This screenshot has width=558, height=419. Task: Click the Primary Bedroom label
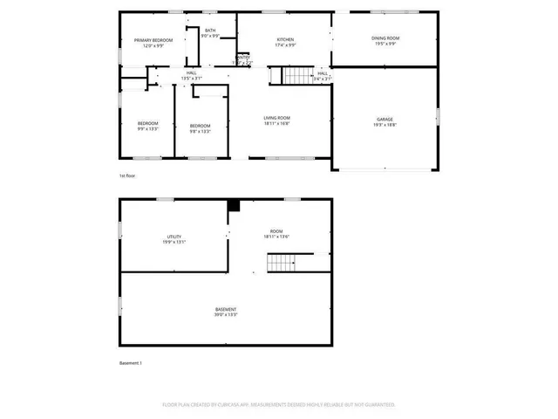(153, 44)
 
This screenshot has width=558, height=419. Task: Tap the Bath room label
(210, 33)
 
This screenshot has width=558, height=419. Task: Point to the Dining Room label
(384, 41)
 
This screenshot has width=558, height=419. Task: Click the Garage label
(384, 122)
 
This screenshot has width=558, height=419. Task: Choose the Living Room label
(277, 120)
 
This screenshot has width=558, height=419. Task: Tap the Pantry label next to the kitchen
(243, 60)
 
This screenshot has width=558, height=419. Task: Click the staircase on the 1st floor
(284, 76)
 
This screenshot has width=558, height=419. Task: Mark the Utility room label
(174, 239)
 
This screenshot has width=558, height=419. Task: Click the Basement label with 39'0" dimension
(226, 313)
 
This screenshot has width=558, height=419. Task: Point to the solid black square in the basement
(233, 205)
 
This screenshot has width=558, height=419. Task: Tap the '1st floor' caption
(127, 175)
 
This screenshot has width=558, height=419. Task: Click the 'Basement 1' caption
(130, 362)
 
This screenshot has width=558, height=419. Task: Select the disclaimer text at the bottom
(278, 405)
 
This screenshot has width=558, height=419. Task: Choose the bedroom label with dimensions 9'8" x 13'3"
(201, 128)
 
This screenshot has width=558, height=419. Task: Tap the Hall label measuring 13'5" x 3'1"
(191, 76)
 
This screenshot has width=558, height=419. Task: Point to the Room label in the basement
(276, 233)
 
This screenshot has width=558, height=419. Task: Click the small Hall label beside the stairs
(322, 76)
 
